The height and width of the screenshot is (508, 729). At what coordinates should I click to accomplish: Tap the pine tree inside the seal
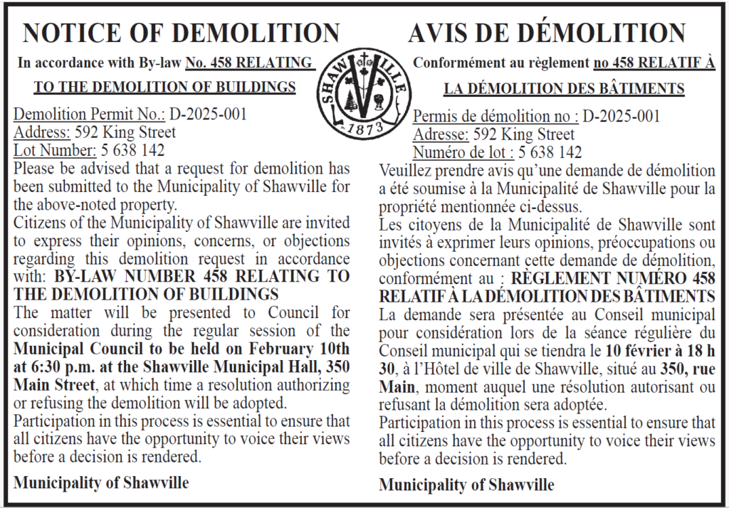[349, 102]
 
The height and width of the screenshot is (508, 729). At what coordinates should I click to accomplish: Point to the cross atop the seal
[364, 59]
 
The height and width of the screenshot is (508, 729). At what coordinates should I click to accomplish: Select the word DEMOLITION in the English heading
[258, 33]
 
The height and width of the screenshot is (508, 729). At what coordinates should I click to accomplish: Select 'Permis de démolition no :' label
[496, 117]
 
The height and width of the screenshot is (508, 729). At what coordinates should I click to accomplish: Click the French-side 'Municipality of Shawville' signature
[466, 485]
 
